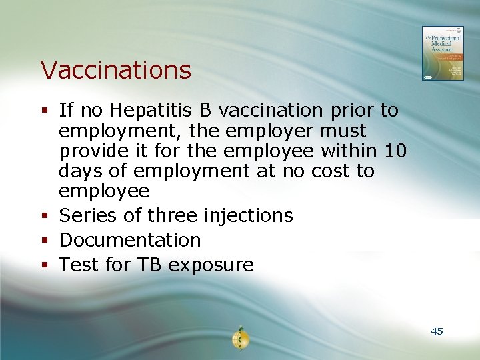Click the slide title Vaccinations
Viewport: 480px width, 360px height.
[115, 69]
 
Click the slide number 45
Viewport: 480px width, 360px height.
[437, 331]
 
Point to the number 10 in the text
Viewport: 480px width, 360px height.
[395, 151]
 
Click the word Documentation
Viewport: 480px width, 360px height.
[130, 240]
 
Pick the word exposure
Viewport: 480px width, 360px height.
[211, 265]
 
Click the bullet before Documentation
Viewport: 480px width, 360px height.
[44, 241]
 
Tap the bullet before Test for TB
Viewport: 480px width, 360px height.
[44, 265]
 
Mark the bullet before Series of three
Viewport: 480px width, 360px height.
[44, 216]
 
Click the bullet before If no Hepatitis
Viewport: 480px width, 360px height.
[44, 110]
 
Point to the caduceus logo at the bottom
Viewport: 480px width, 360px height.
[240, 339]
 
